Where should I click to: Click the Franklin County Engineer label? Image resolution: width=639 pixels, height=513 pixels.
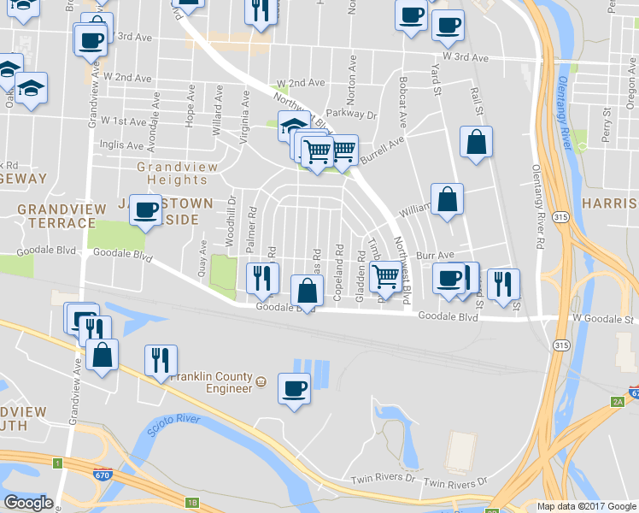(211, 382)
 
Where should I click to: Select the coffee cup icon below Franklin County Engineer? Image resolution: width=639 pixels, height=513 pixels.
(295, 389)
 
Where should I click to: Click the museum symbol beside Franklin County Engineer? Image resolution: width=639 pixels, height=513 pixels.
(261, 380)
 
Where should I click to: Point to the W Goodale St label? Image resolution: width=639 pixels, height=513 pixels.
(603, 319)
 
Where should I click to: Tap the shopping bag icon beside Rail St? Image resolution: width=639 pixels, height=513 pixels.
(476, 144)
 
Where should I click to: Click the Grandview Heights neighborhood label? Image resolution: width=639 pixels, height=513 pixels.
(177, 172)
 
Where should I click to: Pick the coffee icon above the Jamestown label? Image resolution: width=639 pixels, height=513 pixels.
(146, 209)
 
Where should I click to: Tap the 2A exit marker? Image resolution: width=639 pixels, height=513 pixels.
(618, 401)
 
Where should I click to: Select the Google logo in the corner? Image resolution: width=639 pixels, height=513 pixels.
(29, 503)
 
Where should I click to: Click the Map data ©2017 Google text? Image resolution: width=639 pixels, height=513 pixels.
(585, 506)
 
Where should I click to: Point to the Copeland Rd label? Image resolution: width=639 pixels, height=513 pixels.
(337, 267)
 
